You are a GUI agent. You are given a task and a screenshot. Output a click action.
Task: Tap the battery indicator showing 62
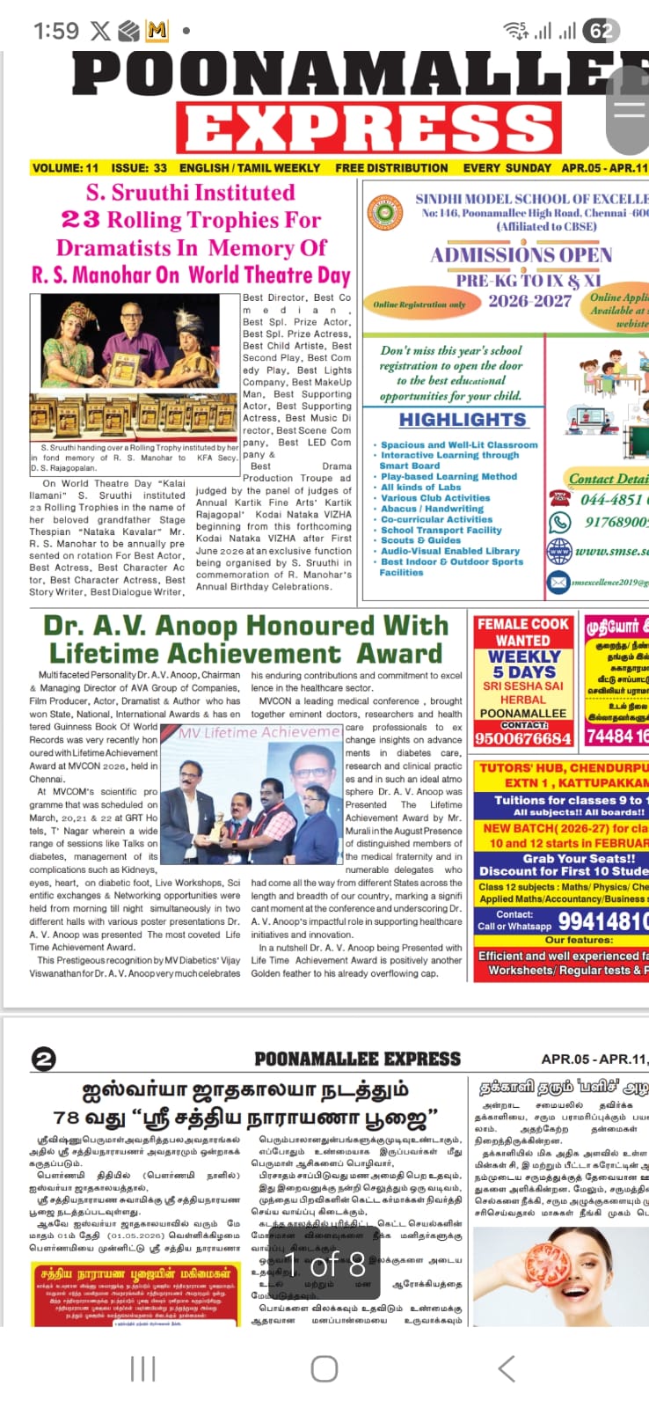pos(601,32)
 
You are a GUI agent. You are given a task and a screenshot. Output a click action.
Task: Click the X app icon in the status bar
pos(100,32)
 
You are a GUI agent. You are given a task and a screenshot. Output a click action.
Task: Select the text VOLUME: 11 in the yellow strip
pos(65,168)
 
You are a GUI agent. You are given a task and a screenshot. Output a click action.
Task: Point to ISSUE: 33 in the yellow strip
pos(139,168)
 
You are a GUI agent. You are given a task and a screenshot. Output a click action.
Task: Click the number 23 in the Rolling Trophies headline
pos(80,220)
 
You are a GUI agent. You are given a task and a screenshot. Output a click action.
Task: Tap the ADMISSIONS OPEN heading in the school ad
pos(521,255)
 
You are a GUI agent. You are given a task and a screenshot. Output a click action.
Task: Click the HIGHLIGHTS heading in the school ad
pos(463,420)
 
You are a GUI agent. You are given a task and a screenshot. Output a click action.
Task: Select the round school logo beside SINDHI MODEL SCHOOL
pos(384,212)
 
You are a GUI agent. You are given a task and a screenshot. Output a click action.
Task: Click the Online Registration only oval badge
pos(419,304)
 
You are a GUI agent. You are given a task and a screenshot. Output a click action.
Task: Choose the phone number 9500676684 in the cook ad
pos(522,738)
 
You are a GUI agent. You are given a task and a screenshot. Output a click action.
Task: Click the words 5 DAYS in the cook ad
pos(522,671)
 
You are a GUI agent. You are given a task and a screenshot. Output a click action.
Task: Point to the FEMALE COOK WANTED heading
pos(522,632)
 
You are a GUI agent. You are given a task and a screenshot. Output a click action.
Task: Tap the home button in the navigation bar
pos(324,1368)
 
